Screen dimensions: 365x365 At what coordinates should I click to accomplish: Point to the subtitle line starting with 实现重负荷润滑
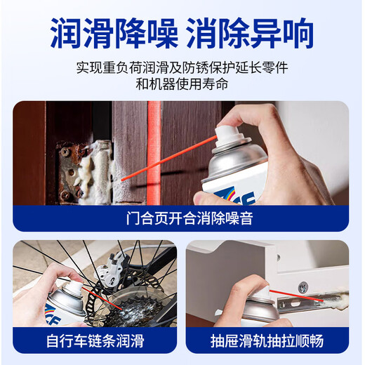pos(182,68)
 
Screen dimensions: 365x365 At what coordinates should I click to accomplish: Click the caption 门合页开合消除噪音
pos(182,218)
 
